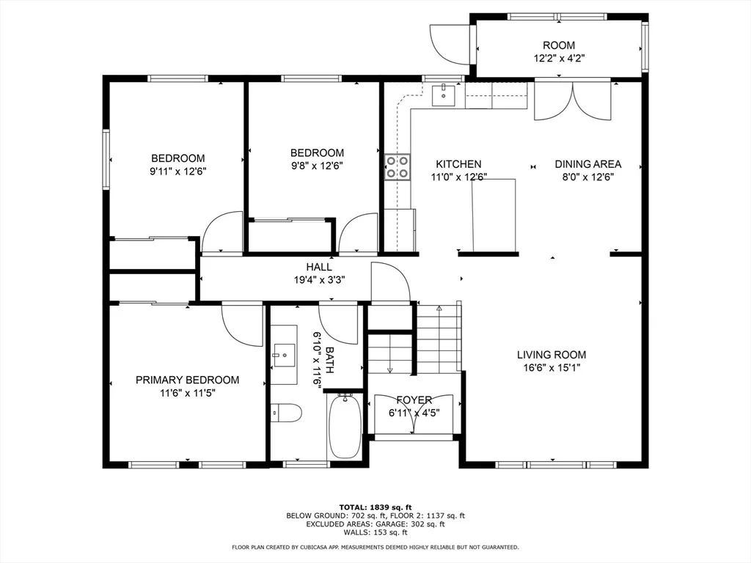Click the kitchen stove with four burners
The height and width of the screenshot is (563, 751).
point(398,166)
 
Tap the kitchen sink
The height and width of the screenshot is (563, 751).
point(444,95)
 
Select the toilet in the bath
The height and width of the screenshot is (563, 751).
point(286,413)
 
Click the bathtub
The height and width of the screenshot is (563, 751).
point(345,426)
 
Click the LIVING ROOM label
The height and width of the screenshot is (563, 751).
point(552,355)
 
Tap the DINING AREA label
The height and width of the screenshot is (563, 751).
point(587,163)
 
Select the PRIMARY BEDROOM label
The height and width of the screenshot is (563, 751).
point(187,380)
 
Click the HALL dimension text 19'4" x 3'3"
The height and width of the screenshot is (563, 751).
point(320,279)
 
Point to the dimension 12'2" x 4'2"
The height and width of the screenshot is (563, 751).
point(559,59)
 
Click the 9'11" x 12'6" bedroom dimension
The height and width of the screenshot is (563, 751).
point(177,172)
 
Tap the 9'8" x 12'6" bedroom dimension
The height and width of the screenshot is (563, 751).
point(317,166)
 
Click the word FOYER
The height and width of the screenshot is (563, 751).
point(414,400)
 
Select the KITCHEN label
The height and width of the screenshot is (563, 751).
point(458,163)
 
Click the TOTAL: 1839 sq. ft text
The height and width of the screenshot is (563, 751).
point(375,507)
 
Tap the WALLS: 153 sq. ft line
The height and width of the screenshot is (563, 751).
point(375,532)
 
